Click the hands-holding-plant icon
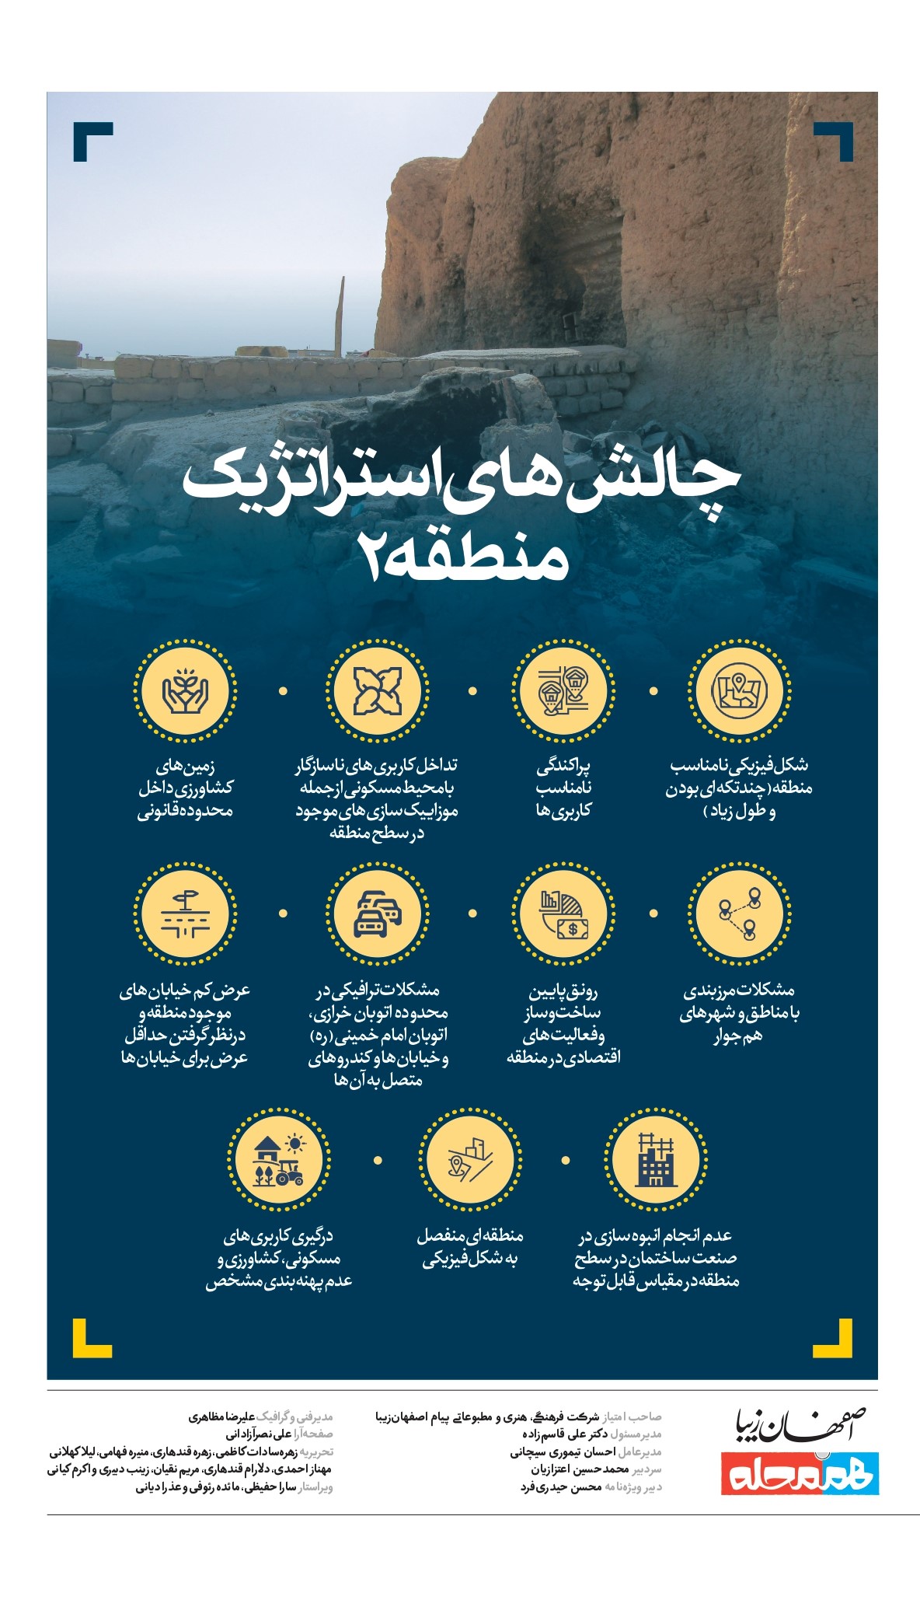click(185, 690)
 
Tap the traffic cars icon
click(377, 914)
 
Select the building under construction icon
click(656, 1159)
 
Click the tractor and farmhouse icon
click(279, 1159)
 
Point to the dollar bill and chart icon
click(563, 914)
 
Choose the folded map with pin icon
click(739, 690)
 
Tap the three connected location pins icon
click(739, 914)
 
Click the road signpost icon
click(185, 914)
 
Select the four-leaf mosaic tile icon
click(377, 690)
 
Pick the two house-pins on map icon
click(563, 690)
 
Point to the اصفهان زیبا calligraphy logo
click(801, 1425)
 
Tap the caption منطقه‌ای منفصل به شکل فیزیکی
click(470, 1247)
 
